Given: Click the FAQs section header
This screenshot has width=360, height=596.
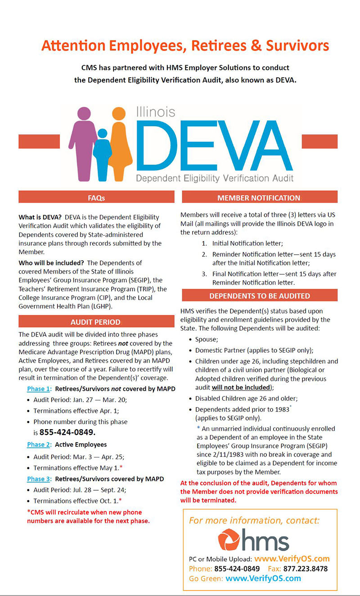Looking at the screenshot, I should point(96,197).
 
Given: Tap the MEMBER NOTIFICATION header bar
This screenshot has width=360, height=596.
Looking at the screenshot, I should point(259,197).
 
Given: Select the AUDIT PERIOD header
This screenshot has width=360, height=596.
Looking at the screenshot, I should point(96,322).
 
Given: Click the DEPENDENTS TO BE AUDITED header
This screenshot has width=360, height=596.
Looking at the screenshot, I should point(259,296).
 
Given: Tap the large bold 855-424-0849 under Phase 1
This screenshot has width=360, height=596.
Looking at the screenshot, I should point(67,433).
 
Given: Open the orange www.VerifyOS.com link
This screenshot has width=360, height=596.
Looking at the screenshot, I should point(292,559).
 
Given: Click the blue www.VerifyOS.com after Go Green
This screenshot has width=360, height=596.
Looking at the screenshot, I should point(263,578).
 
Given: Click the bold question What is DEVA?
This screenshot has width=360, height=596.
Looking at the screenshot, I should point(40,216).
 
